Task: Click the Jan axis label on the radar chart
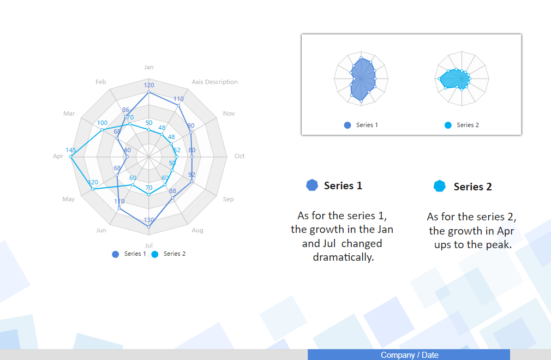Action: pos(148,67)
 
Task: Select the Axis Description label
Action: pos(214,82)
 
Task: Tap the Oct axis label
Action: pos(239,156)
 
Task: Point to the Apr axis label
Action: pos(58,156)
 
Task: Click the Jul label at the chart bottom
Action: pos(148,245)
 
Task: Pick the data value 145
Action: pos(70,150)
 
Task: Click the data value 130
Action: pos(149,220)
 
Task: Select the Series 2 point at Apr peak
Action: pos(70,157)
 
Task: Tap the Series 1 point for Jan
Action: pos(148,92)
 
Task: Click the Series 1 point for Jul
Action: pos(148,227)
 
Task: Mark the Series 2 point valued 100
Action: pos(102,130)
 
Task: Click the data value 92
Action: pos(191,175)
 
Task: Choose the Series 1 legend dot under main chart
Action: pos(115,254)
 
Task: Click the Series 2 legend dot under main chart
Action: pos(154,254)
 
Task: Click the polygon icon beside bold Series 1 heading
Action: pos(312,185)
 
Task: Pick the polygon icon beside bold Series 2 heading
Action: pos(439,186)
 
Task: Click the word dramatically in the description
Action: pos(343,257)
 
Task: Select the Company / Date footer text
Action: pos(409,355)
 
